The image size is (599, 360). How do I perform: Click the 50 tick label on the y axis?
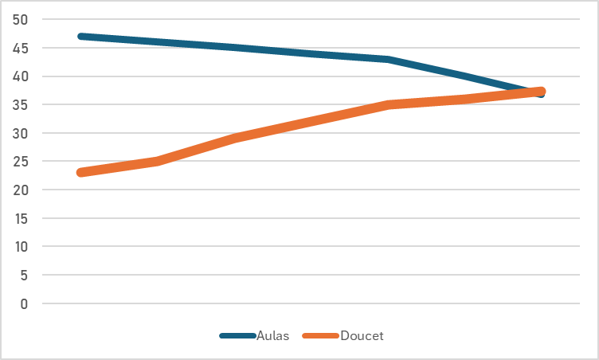pyautogui.click(x=21, y=20)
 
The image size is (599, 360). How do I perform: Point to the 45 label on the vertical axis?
pyautogui.click(x=21, y=49)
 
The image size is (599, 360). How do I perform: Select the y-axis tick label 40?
pyautogui.click(x=21, y=76)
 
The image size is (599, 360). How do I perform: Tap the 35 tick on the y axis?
pyautogui.click(x=21, y=105)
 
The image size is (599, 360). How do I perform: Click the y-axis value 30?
pyautogui.click(x=21, y=133)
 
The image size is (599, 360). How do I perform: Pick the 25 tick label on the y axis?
pyautogui.click(x=21, y=162)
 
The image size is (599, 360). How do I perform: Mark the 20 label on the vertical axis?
pyautogui.click(x=21, y=190)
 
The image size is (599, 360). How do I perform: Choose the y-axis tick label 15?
pyautogui.click(x=21, y=218)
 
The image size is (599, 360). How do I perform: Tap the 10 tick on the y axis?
pyautogui.click(x=21, y=247)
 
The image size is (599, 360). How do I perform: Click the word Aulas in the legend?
pyautogui.click(x=272, y=336)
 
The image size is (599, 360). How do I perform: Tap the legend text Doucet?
pyautogui.click(x=362, y=336)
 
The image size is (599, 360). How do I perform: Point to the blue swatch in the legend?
pyautogui.click(x=237, y=336)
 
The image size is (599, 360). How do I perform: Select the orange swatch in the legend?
pyautogui.click(x=320, y=336)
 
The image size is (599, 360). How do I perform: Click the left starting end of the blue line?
pyautogui.click(x=80, y=37)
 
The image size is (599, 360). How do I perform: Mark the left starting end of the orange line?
pyautogui.click(x=80, y=173)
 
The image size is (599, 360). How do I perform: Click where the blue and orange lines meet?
pyautogui.click(x=535, y=92)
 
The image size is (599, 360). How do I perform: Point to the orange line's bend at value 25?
pyautogui.click(x=157, y=162)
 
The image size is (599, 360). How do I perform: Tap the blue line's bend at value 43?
pyautogui.click(x=388, y=60)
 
